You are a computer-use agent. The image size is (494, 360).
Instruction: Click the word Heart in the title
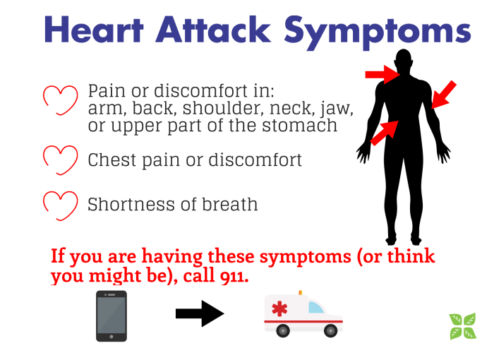[85, 30]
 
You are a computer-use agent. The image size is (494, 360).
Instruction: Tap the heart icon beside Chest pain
[60, 160]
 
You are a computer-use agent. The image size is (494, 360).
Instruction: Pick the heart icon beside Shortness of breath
[60, 204]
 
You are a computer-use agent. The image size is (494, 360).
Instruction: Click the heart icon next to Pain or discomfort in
[60, 100]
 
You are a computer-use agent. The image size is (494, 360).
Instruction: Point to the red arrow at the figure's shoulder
[382, 73]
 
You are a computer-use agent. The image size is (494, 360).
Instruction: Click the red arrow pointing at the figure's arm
[444, 95]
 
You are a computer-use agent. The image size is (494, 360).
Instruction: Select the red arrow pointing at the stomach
[384, 131]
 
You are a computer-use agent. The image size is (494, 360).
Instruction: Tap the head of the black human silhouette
[404, 61]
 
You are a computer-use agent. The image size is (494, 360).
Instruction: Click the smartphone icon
[112, 316]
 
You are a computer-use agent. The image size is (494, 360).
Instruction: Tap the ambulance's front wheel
[330, 330]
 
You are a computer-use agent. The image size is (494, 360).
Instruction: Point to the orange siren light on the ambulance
[300, 292]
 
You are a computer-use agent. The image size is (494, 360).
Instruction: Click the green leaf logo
[463, 325]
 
